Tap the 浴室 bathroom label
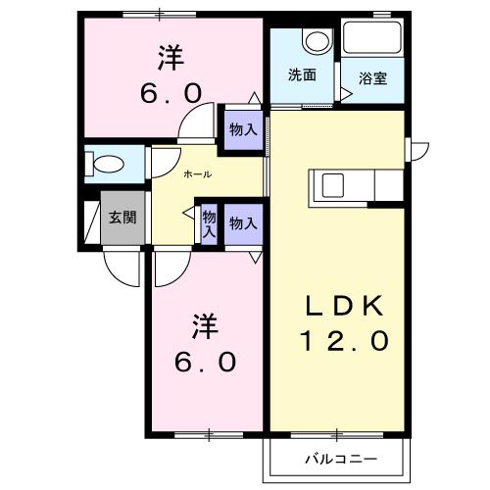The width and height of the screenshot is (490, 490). click(371, 78)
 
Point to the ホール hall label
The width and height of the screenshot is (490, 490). click(198, 174)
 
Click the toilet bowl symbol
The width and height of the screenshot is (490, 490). click(107, 163)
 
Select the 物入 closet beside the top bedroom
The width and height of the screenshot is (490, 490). click(242, 129)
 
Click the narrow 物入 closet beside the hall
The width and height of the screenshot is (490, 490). click(208, 224)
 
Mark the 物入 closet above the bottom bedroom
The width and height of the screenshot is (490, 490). click(242, 224)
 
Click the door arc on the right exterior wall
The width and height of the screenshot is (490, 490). click(418, 150)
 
